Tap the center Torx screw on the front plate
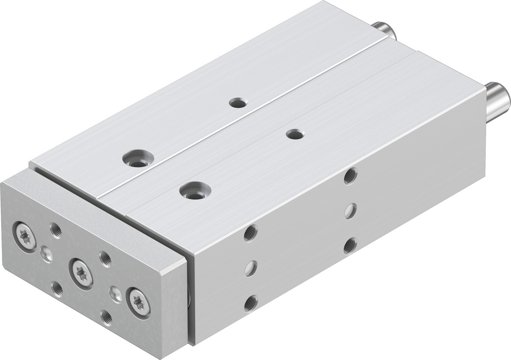point(80,268)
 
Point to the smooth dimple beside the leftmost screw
point(47,253)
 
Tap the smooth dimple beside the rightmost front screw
point(116,292)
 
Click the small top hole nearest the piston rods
point(238,103)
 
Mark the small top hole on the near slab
point(293,134)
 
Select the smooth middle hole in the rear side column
point(350,211)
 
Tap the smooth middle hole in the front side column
point(250,268)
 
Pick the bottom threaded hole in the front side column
point(250,303)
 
